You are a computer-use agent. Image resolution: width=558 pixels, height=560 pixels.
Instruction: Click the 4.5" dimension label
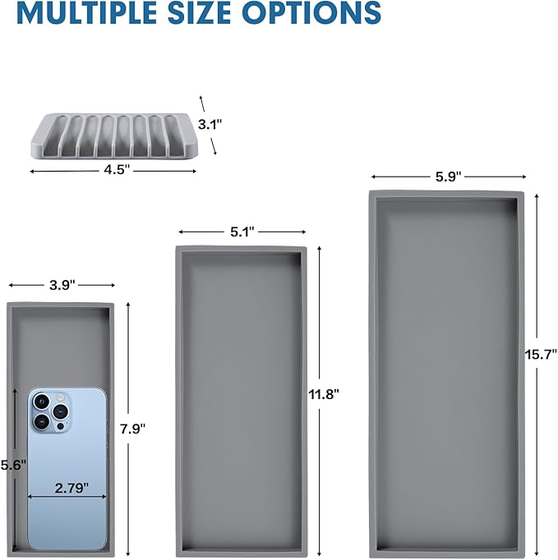117,170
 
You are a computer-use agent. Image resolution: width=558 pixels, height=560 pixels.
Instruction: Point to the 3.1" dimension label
210,124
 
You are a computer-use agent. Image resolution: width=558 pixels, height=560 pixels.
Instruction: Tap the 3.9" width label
62,285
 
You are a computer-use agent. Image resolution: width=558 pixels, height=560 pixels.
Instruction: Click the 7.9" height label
132,429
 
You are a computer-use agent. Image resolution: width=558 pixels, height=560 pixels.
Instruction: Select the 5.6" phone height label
13,465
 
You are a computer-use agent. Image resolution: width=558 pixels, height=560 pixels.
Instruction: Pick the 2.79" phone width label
71,488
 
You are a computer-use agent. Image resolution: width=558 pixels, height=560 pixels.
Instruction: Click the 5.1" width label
242,232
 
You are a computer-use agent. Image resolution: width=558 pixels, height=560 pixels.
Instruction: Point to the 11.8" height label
324,395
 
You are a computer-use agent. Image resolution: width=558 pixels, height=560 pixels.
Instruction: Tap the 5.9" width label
448,177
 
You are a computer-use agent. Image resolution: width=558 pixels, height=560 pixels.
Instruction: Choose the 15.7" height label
541,355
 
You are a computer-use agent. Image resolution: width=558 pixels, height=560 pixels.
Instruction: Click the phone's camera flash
60,397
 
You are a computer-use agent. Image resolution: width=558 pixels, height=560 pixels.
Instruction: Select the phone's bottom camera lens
41,422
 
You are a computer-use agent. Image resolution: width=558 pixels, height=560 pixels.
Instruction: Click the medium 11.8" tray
241,401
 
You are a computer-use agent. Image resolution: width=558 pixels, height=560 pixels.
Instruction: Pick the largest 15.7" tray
446,374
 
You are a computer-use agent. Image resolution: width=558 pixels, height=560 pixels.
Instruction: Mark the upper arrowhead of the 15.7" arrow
537,196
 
